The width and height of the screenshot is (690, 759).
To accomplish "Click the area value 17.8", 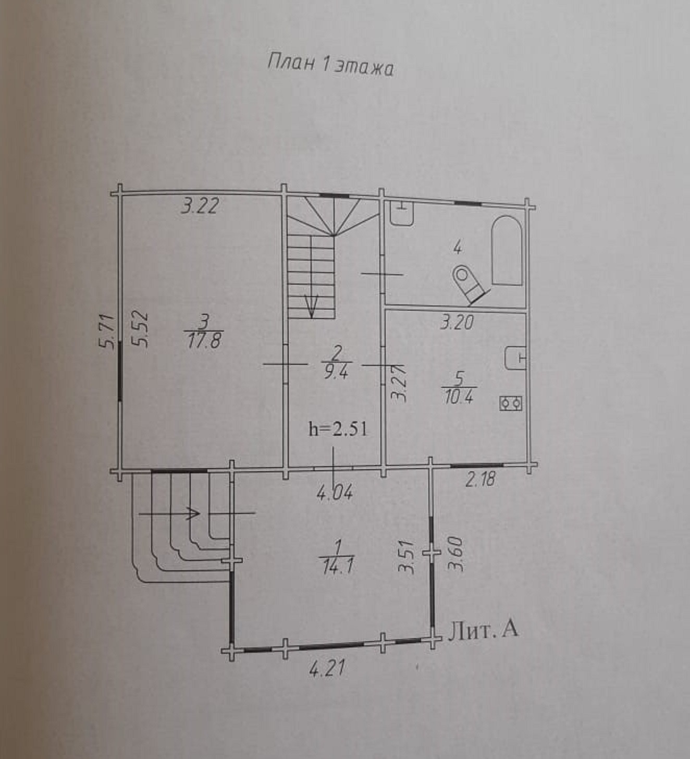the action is click(x=204, y=344).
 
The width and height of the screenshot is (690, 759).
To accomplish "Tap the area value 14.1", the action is click(x=337, y=567).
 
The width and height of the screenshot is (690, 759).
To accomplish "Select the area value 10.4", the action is click(x=458, y=398).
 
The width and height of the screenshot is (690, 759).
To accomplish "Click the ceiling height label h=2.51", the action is click(x=338, y=429).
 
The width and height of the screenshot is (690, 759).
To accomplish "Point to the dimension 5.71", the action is click(x=106, y=331).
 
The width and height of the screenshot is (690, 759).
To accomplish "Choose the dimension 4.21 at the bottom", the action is click(x=327, y=668).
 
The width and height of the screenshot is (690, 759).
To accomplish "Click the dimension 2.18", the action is click(x=480, y=479).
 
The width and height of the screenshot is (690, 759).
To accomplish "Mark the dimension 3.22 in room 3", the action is click(x=199, y=206).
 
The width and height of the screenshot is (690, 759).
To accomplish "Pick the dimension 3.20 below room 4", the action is click(x=457, y=322).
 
